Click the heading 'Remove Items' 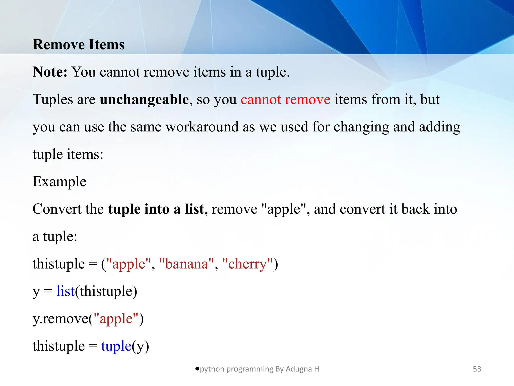click(79, 45)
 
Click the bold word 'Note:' click(50, 72)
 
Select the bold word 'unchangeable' click(144, 100)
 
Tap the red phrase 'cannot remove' click(285, 100)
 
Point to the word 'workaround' click(202, 127)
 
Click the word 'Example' click(59, 181)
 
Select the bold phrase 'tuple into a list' click(156, 209)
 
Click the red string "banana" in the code click(187, 264)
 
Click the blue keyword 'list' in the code click(66, 291)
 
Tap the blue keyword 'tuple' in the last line click(116, 346)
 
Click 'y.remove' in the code click(60, 319)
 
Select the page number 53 click(477, 369)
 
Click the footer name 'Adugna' click(299, 369)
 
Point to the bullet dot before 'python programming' click(197, 369)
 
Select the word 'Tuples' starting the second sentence click(53, 100)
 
